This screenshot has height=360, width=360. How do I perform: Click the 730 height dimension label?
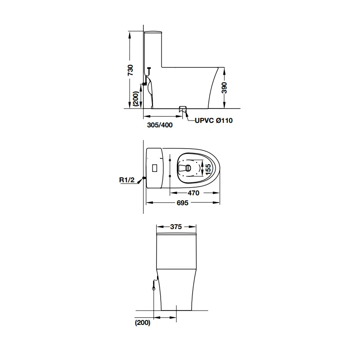(130, 70)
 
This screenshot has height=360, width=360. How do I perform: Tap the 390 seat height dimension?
(224, 88)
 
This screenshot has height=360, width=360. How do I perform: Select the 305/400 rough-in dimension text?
(160, 125)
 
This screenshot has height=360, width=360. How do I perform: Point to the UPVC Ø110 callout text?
(213, 120)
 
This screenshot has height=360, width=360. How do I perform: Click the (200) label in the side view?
(136, 99)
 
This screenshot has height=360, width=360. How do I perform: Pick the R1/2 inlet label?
(127, 180)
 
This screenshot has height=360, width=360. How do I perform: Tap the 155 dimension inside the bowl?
(208, 169)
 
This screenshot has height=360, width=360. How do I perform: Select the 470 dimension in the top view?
(193, 193)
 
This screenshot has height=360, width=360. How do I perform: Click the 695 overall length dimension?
(183, 203)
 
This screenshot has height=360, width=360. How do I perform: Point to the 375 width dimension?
(176, 227)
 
